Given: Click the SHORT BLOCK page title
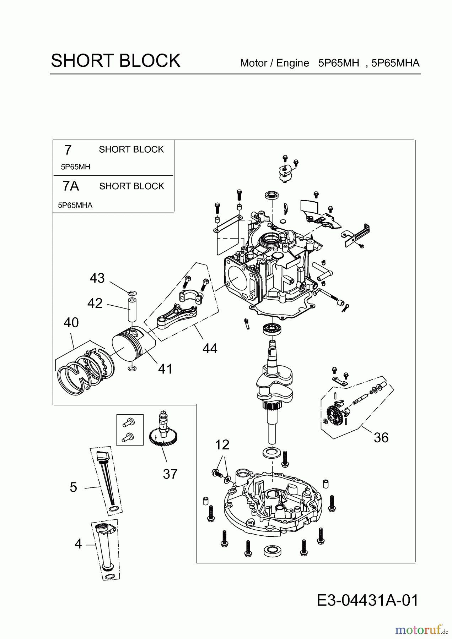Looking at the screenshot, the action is point(115,61).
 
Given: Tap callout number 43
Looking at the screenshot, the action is point(97,278).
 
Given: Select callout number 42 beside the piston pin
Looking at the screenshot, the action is point(95,303).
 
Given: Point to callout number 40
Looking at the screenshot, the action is point(71,322).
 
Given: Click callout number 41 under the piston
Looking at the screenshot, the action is point(165,369).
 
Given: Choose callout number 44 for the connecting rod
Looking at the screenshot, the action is point(210,348).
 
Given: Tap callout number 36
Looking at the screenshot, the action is point(381,437).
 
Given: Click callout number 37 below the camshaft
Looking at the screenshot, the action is point(170,474).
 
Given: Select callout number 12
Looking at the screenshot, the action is point(222,444).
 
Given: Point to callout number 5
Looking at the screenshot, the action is point(74,487).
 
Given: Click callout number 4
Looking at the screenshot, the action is point(78,544).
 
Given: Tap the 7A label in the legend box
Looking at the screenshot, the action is point(71,186).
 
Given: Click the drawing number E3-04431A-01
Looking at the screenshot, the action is point(367,600).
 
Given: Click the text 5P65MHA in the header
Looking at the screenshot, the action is point(395,63).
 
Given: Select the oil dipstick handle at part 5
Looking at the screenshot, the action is point(103,454).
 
